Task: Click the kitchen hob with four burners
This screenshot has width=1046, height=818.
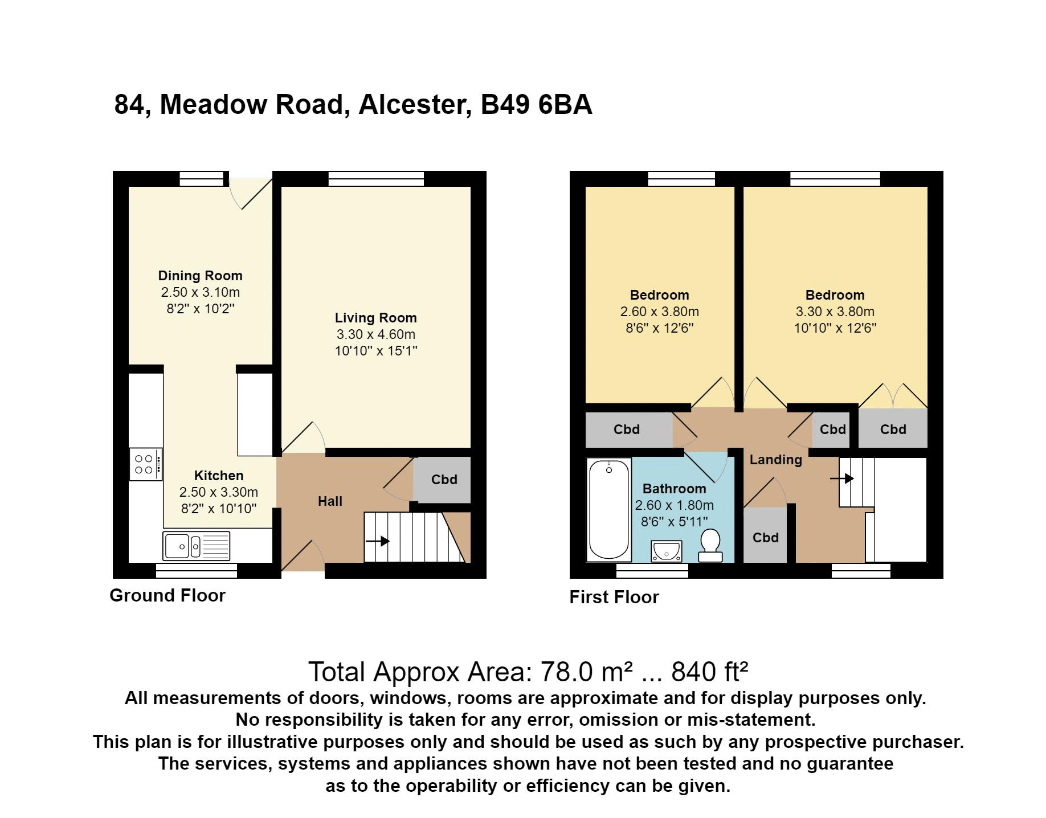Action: coord(146,464)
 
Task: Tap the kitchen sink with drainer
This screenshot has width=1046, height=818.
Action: coord(197,546)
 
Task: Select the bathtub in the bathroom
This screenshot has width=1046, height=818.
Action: coord(609,509)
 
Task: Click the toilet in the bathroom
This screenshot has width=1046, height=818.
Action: coord(710,545)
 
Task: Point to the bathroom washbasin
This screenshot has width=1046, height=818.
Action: coord(666,551)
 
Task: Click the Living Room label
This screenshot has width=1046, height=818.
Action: coord(375,318)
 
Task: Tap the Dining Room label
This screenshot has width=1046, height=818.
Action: coord(200,276)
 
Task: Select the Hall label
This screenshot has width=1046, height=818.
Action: coord(330,501)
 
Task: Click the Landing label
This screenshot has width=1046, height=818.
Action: coord(775,460)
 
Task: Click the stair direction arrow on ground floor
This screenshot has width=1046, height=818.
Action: coord(378,541)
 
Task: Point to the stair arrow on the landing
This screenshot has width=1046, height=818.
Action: coord(842,478)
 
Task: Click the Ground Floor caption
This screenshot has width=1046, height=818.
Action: coord(167,595)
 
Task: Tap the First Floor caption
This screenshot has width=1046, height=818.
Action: coord(614,597)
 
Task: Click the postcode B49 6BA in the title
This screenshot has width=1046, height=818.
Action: coord(537,105)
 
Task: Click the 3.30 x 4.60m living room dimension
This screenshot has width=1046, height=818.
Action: coord(375,334)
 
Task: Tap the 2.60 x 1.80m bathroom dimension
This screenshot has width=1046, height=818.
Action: coord(674,505)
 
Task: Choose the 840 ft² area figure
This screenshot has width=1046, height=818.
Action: coord(709,672)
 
